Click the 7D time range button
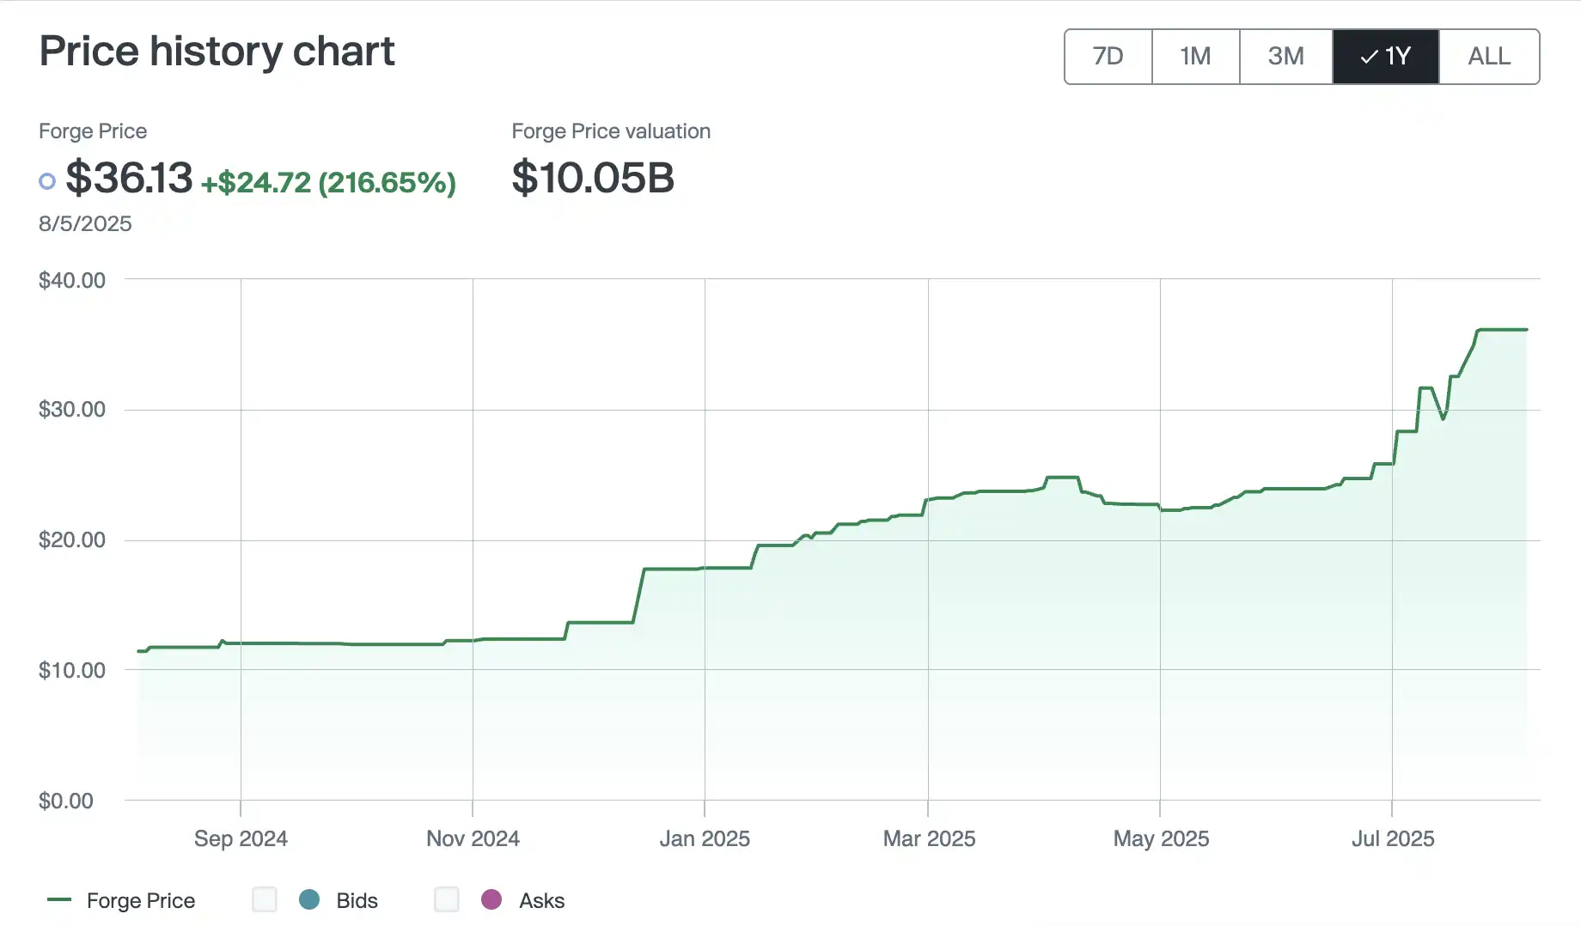(x=1108, y=57)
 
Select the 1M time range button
(x=1195, y=57)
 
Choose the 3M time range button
(x=1285, y=57)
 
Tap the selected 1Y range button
(x=1385, y=57)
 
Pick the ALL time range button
(x=1488, y=57)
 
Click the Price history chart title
(x=217, y=52)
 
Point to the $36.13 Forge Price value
(x=129, y=179)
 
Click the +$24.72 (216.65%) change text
(x=327, y=182)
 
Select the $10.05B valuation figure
(x=593, y=179)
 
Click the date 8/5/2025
(x=85, y=224)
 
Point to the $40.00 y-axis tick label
(x=72, y=280)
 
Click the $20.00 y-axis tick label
(x=72, y=540)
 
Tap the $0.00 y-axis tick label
(x=66, y=801)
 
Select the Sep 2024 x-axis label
(x=241, y=838)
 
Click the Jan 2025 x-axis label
(x=705, y=838)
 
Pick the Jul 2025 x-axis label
(x=1393, y=838)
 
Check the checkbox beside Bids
(x=265, y=899)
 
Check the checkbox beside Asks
(x=447, y=899)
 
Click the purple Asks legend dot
(x=491, y=899)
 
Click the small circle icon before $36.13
(x=47, y=181)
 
